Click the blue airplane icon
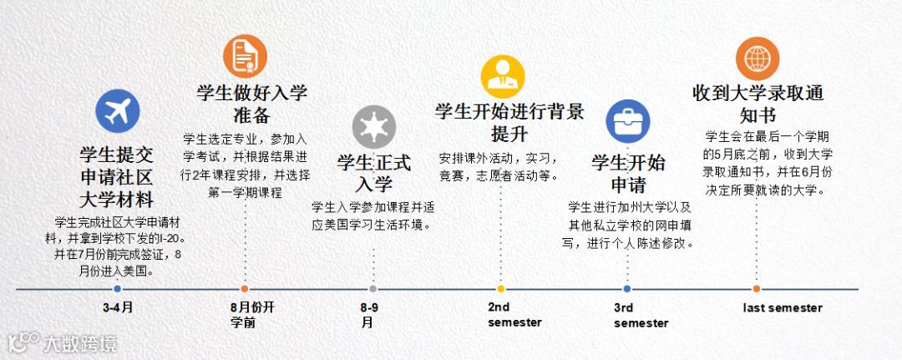tap(117, 111)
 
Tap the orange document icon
tap(245, 55)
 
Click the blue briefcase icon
tap(627, 122)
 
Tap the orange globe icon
tap(757, 58)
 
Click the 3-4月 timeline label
tap(118, 307)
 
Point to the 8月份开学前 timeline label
tap(252, 315)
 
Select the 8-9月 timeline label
tap(370, 315)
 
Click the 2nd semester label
tap(514, 315)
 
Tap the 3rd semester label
tap(641, 316)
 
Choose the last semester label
tap(783, 308)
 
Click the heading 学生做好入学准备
tap(251, 104)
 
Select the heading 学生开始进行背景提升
tap(509, 122)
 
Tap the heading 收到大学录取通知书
tap(757, 103)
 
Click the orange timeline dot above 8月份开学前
tap(245, 289)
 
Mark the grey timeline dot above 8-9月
tap(372, 289)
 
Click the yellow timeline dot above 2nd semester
tap(500, 289)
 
